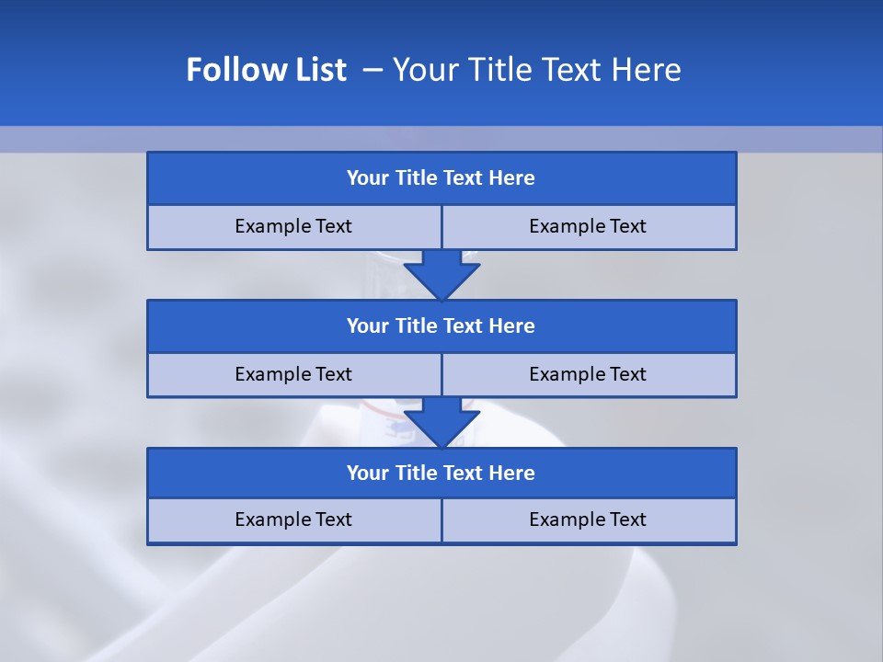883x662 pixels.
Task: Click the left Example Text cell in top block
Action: (293, 227)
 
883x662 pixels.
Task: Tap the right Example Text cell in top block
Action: (589, 227)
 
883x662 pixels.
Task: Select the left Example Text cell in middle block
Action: (293, 375)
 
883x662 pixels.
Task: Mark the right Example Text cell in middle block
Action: (589, 375)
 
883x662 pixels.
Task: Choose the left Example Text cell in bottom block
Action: (293, 520)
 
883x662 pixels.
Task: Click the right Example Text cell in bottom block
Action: (589, 520)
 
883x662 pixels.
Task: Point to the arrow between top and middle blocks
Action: (441, 275)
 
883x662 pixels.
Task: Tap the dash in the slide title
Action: (373, 70)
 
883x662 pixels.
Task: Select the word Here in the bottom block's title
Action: (512, 474)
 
